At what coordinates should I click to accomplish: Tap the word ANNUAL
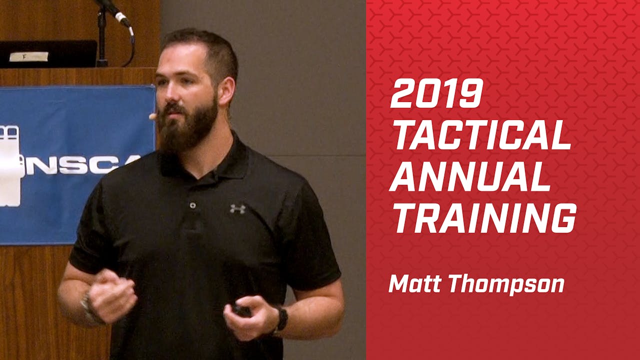(470, 177)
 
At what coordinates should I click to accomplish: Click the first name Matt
(416, 284)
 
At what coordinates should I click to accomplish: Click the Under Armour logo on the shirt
(237, 208)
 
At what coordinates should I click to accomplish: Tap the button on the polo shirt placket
(192, 205)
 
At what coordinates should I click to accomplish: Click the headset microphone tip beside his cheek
(152, 116)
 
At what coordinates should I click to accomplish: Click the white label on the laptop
(28, 56)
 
